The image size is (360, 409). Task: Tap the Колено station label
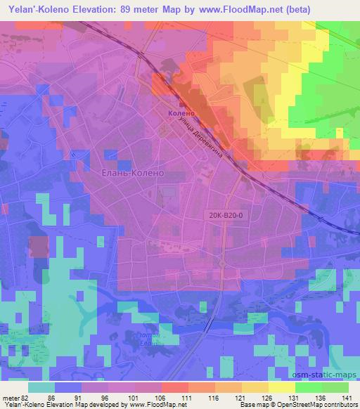pos(181,113)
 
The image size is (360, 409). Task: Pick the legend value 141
pos(346,397)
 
